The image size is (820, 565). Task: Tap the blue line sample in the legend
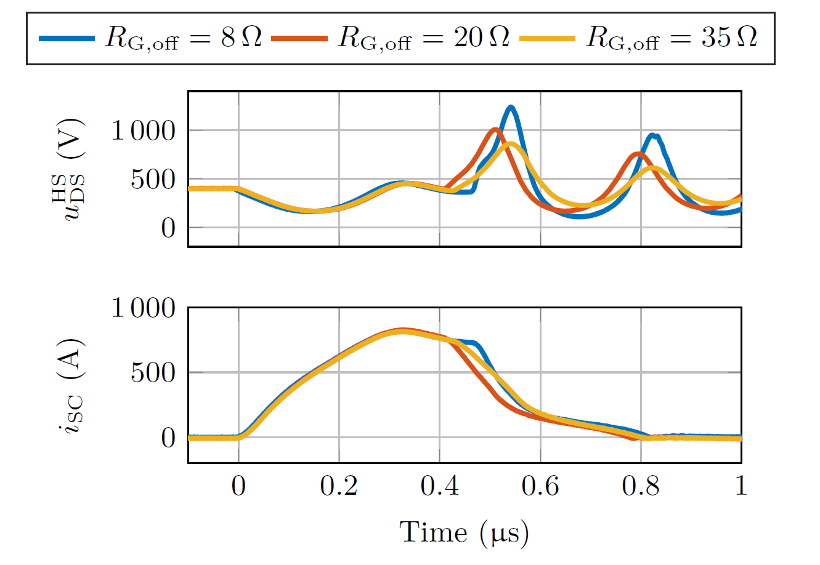tap(67, 38)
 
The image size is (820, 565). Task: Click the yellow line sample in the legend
tap(547, 38)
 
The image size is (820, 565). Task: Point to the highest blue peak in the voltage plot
tap(510, 108)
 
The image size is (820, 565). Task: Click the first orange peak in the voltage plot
tap(495, 130)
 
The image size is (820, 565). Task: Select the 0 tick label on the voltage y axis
tap(168, 228)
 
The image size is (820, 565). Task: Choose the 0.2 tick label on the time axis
tap(339, 486)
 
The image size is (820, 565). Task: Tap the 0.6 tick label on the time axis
tap(540, 486)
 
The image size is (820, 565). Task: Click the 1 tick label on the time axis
tap(741, 486)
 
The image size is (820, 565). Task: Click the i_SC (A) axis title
tap(73, 385)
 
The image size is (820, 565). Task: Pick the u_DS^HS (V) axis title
tap(73, 169)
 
